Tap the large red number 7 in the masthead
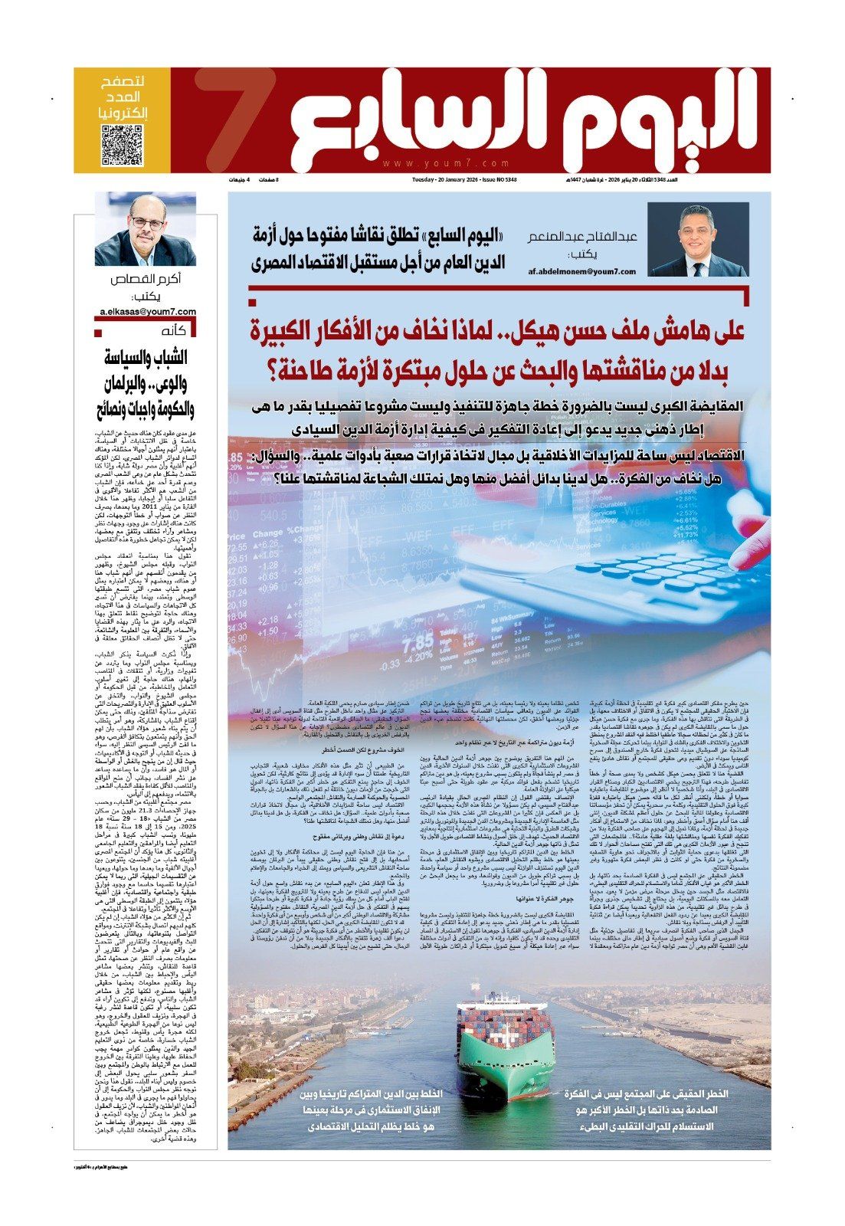231,123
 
